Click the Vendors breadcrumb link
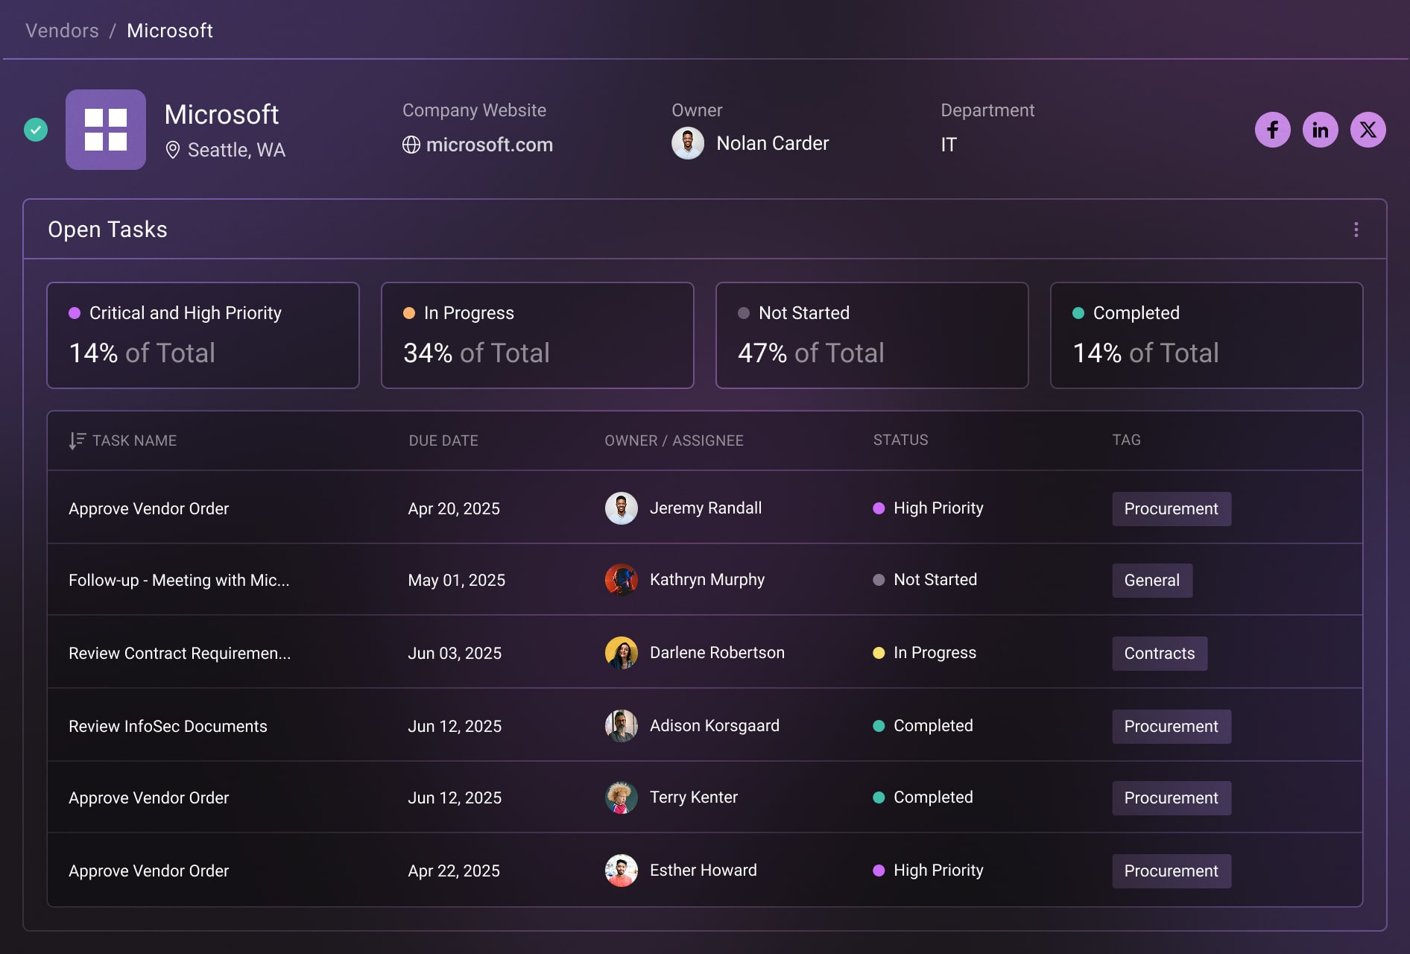point(62,31)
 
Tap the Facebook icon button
point(1272,130)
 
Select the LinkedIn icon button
point(1320,130)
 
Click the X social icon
point(1368,130)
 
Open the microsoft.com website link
point(489,145)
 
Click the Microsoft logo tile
point(106,130)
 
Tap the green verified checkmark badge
point(36,130)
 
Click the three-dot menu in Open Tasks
point(1356,230)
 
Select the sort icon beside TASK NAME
point(77,440)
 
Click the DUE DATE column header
point(443,440)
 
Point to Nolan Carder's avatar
point(687,143)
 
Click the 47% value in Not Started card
point(762,353)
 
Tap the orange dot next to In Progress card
point(409,313)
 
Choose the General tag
point(1151,581)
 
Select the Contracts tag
point(1159,654)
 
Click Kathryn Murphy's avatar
point(621,580)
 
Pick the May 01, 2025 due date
point(456,581)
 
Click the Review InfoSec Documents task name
point(168,727)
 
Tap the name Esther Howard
point(703,871)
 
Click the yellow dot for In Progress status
point(879,653)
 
